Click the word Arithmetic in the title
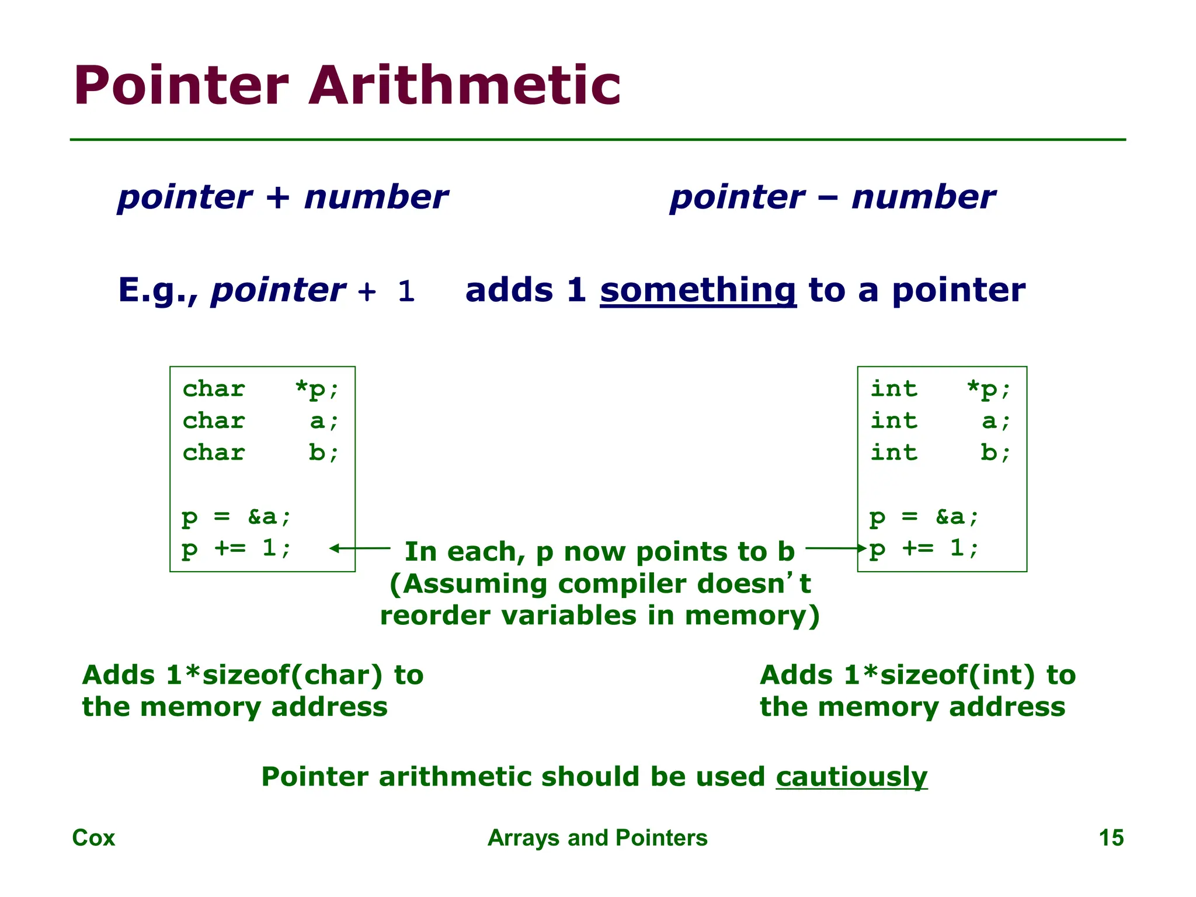pos(464,86)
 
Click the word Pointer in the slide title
pos(181,86)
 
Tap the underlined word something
pos(698,290)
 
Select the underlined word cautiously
pos(851,777)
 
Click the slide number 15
pos(1111,837)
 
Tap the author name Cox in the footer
pos(93,837)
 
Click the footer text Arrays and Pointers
pos(597,837)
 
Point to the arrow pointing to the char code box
pos(359,548)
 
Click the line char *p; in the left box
pos(260,389)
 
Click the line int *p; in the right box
pos(940,389)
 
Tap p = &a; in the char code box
pos(236,516)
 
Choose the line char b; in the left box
pos(260,453)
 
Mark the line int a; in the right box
pos(940,420)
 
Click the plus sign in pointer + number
pos(278,197)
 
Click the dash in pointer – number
pos(828,197)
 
